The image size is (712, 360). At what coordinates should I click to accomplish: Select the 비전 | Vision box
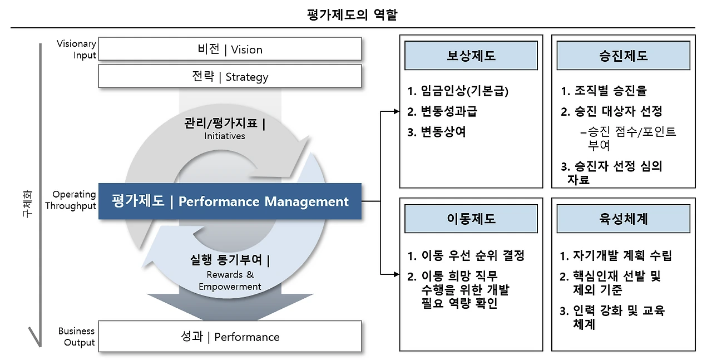coord(230,49)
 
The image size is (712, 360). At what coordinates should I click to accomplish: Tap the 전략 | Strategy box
coord(230,77)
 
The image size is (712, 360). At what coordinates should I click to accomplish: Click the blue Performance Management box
coord(230,201)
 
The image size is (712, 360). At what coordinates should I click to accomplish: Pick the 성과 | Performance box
coord(230,337)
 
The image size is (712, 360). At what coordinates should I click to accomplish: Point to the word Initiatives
coord(225,136)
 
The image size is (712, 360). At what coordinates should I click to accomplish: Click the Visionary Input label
coord(77,49)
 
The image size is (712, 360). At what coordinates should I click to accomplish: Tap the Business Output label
coord(77,337)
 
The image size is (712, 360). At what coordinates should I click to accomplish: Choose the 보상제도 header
coord(471,56)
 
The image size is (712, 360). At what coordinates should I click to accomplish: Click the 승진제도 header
coord(623,56)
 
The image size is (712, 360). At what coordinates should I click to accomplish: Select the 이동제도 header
coord(471,219)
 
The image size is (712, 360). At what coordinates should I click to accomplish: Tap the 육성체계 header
coord(623,219)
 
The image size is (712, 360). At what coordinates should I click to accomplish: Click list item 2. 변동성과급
coord(442,111)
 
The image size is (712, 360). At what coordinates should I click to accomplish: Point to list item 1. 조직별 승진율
coord(604,91)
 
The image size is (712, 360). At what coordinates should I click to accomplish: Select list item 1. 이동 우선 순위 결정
coord(466,256)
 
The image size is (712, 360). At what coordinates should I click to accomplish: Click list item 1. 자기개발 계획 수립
coord(616,256)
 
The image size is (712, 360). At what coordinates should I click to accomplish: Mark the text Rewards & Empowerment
coord(230,280)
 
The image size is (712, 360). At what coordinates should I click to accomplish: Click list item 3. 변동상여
coord(436,132)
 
